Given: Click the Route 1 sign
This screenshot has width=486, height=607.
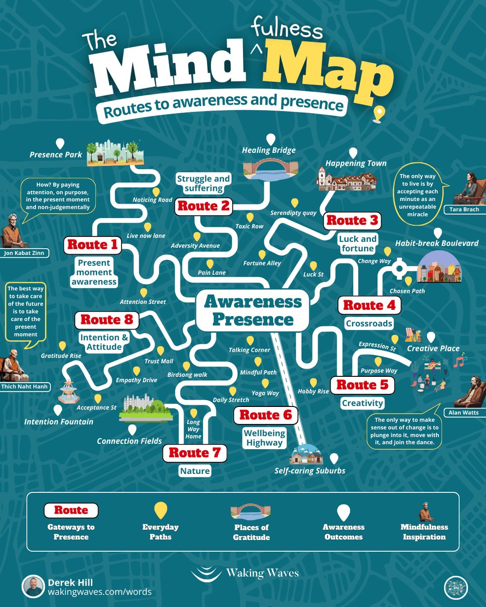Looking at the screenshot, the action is (92, 245).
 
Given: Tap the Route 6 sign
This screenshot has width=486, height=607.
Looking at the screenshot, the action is (265, 415).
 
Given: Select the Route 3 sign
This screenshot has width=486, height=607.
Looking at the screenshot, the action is (352, 220).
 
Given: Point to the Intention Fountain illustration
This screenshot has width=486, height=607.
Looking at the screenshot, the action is (69, 392).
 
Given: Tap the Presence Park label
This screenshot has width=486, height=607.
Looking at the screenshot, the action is (56, 155).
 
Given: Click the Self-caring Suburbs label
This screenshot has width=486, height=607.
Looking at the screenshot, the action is (310, 471).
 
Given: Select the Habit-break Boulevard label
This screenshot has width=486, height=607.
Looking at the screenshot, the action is (436, 243).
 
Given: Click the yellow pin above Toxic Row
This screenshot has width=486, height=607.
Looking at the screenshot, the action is (250, 217).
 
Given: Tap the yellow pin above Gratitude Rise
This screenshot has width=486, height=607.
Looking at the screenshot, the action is (62, 346).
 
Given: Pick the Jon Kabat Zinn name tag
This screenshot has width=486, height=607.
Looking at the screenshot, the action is (24, 253).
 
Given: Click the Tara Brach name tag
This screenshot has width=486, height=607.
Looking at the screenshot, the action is (464, 209).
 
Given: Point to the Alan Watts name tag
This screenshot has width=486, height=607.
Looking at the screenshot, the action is (463, 413).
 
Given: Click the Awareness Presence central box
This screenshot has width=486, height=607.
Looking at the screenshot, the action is (252, 311).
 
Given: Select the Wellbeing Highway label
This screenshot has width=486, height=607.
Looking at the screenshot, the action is (264, 438).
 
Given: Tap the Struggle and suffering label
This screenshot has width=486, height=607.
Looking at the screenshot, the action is (203, 184).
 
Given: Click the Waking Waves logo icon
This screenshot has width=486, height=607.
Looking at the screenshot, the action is (206, 573).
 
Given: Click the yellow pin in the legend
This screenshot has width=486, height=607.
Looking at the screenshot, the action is (160, 510).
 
